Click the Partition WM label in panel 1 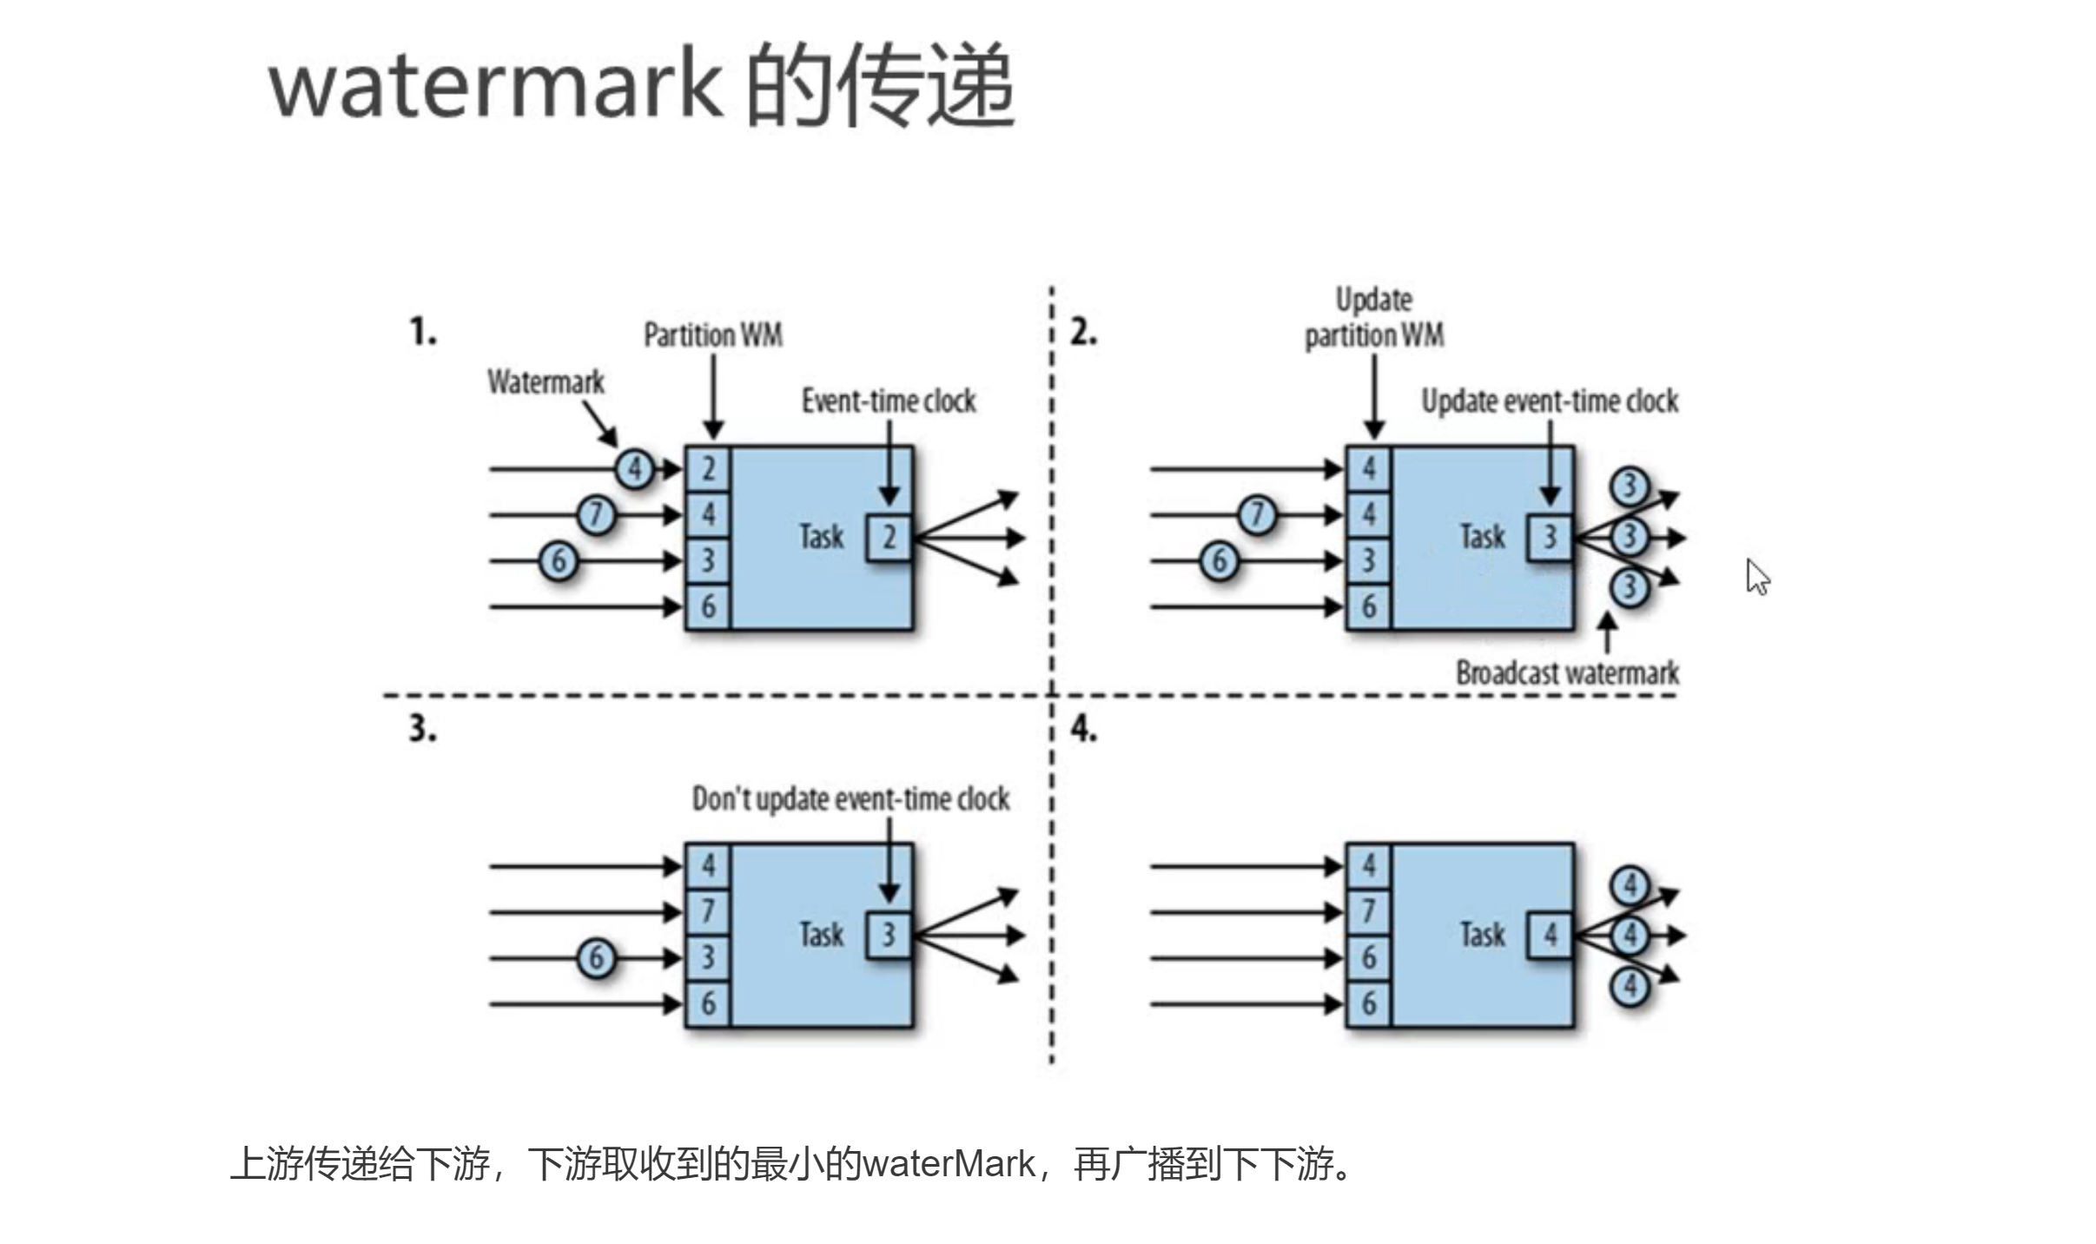[712, 334]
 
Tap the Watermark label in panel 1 [545, 381]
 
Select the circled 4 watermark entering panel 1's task [635, 469]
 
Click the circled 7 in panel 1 [596, 514]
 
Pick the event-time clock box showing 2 [889, 537]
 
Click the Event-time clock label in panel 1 [888, 401]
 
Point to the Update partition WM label [1373, 318]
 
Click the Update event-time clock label [1549, 401]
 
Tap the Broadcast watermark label [1566, 673]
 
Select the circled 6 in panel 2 [1219, 560]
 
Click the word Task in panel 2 [1482, 537]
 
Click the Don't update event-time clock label [850, 799]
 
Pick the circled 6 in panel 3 [596, 958]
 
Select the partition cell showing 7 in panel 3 [708, 911]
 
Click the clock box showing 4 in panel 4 [1550, 936]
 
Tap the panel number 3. [422, 728]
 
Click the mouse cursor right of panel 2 [1757, 578]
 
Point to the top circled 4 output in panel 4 [1630, 885]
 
